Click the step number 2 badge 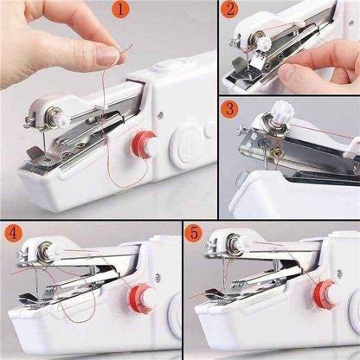pyautogui.click(x=229, y=11)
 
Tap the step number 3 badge pyautogui.click(x=229, y=109)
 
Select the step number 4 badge pyautogui.click(x=14, y=234)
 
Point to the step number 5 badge pyautogui.click(x=196, y=234)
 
